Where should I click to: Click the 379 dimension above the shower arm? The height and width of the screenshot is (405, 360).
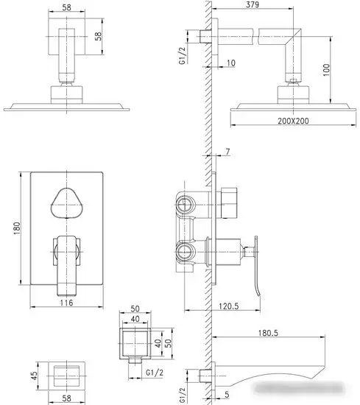pyautogui.click(x=252, y=4)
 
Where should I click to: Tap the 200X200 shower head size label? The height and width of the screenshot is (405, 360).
pyautogui.click(x=293, y=121)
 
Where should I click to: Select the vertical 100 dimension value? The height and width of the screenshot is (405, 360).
pyautogui.click(x=326, y=70)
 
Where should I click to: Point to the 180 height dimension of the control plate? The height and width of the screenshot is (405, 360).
pyautogui.click(x=17, y=228)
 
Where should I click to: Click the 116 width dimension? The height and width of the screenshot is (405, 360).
pyautogui.click(x=66, y=303)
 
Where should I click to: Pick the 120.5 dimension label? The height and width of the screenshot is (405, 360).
pyautogui.click(x=229, y=306)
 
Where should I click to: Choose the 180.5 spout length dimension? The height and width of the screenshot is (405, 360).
pyautogui.click(x=268, y=333)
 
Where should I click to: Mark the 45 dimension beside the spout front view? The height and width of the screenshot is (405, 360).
pyautogui.click(x=34, y=376)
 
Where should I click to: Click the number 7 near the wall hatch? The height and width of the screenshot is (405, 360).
pyautogui.click(x=227, y=152)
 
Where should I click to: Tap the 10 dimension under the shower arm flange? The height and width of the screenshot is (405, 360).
pyautogui.click(x=231, y=63)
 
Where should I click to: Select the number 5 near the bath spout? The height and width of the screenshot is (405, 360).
pyautogui.click(x=227, y=395)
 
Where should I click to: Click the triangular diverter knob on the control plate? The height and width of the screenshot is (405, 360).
pyautogui.click(x=67, y=203)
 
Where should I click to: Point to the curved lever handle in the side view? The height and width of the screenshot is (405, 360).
pyautogui.click(x=256, y=266)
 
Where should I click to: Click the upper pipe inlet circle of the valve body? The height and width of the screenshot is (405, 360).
pyautogui.click(x=185, y=204)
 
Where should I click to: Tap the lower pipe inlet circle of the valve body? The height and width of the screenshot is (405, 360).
pyautogui.click(x=185, y=252)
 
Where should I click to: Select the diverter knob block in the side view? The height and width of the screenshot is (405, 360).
pyautogui.click(x=229, y=203)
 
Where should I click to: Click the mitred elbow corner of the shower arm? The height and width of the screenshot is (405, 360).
pyautogui.click(x=293, y=37)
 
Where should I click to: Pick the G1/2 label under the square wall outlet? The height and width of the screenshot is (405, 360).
pyautogui.click(x=155, y=373)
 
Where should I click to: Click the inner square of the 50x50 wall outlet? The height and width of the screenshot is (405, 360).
pyautogui.click(x=135, y=343)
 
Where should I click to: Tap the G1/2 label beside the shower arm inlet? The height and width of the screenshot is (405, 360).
pyautogui.click(x=183, y=56)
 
